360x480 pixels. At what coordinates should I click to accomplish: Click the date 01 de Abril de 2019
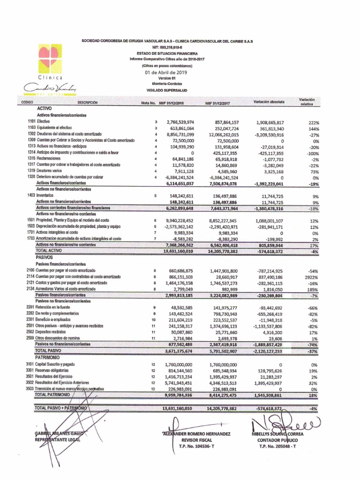coord(166,73)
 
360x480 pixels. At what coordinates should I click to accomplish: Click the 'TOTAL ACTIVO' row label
coord(49,251)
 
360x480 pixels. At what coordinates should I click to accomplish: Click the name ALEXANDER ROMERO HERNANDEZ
coord(196,434)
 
